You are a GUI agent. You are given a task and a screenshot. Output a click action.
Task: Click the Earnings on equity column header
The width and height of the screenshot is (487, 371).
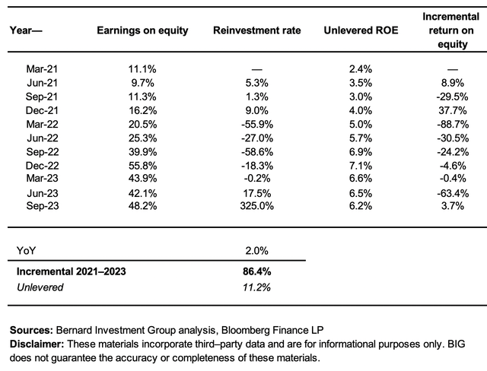(x=142, y=30)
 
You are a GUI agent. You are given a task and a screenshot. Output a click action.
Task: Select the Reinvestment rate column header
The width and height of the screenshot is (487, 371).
(x=257, y=30)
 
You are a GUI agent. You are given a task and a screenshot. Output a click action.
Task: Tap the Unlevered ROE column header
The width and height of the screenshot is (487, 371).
(x=361, y=30)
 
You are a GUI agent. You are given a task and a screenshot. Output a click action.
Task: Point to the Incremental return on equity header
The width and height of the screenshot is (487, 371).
(x=451, y=30)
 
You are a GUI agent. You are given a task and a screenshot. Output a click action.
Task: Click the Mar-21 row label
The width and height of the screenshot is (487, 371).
(x=42, y=69)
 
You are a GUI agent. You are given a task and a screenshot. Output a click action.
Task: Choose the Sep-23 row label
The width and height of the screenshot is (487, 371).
(x=43, y=206)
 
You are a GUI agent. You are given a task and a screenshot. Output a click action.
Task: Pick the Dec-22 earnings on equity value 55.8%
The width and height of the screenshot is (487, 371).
(x=142, y=166)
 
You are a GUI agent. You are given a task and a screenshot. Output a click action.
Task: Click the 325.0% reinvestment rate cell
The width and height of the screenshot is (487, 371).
(x=257, y=206)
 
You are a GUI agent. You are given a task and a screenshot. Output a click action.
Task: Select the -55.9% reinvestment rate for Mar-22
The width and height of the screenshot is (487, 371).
(x=257, y=125)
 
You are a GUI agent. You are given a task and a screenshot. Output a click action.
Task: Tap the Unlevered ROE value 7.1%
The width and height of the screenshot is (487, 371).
(x=361, y=166)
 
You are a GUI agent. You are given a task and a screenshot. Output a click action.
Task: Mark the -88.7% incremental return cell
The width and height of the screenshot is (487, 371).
(x=453, y=125)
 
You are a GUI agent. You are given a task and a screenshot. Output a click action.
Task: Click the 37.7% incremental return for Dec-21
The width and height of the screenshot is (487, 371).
(x=453, y=110)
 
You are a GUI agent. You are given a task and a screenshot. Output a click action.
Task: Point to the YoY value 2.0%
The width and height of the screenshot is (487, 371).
(x=256, y=251)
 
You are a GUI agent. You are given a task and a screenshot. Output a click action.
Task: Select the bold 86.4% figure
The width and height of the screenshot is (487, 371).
(x=257, y=271)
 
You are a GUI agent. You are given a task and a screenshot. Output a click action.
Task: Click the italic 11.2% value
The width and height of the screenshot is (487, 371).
(x=256, y=287)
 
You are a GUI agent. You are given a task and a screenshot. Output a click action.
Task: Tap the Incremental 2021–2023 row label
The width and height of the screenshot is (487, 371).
(x=71, y=271)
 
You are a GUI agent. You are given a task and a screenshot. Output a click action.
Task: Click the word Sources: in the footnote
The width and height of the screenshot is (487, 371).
(x=31, y=330)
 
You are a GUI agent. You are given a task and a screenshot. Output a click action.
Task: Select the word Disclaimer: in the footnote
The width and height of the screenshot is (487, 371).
(x=37, y=344)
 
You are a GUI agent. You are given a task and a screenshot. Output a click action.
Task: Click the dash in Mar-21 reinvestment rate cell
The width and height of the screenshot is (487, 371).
(x=257, y=69)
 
